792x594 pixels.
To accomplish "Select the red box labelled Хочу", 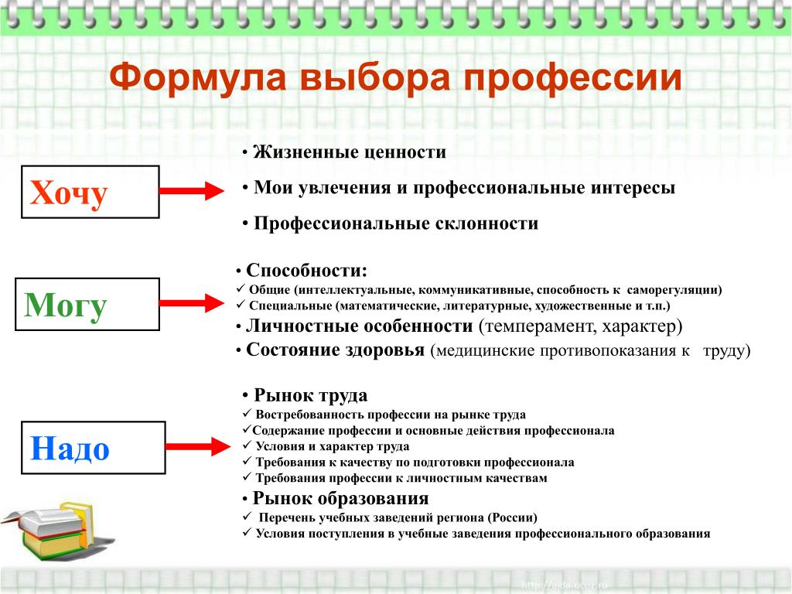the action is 87,192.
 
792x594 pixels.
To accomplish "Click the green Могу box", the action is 87,305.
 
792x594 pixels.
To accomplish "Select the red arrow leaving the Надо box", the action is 197,445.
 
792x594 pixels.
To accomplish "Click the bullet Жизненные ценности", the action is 350,152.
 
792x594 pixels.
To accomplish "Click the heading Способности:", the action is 307,271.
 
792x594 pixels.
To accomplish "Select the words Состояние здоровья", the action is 335,350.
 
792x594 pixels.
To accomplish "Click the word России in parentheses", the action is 508,517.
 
